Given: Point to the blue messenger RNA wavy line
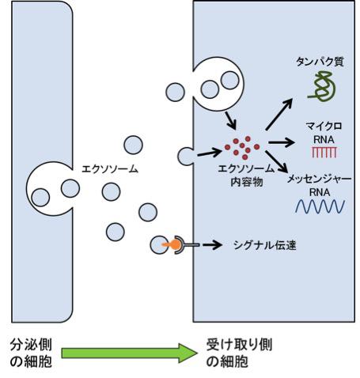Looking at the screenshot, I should coord(320,206).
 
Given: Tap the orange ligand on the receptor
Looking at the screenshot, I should coord(167,246).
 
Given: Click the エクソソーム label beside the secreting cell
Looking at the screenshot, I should coord(108,169).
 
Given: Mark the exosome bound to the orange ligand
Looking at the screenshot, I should coord(157,245).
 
